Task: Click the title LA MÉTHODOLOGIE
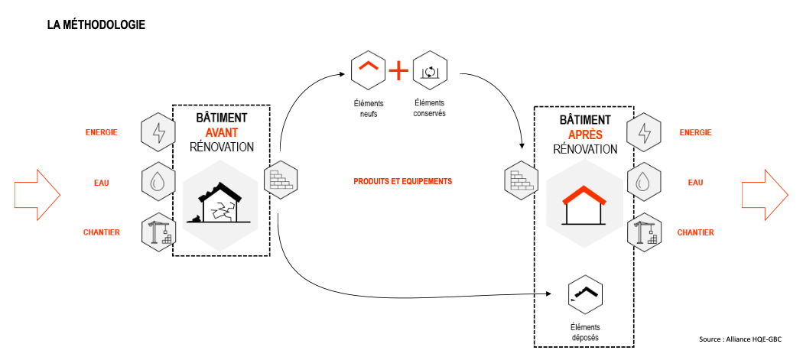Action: [x=96, y=25]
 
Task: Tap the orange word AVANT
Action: [x=221, y=132]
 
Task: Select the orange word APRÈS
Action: [x=584, y=134]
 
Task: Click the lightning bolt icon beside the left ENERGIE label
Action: [x=159, y=132]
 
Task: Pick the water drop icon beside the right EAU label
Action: [x=643, y=183]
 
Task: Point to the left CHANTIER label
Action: [x=102, y=232]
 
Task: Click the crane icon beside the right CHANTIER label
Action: [x=643, y=232]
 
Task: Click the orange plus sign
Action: [x=398, y=71]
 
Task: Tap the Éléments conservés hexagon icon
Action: [x=429, y=70]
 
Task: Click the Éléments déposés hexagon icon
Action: [x=585, y=294]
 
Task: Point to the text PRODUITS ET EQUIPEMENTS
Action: [x=402, y=182]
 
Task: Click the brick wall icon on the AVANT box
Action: [x=280, y=180]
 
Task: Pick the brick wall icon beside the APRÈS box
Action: [x=520, y=181]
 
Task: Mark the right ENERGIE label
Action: [x=695, y=132]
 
